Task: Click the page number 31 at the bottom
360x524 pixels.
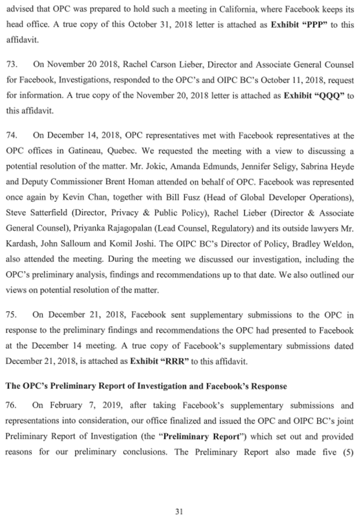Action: pos(179,496)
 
